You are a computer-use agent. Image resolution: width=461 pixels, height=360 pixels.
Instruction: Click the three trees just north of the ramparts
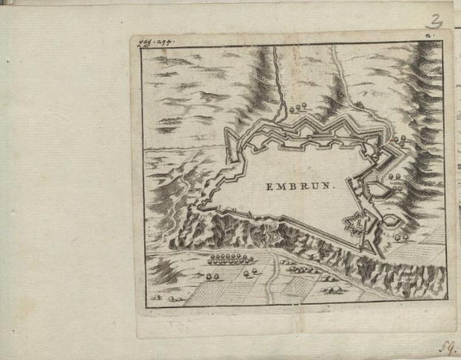click(297, 108)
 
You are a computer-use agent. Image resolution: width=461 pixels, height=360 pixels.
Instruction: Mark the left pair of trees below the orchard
click(212, 275)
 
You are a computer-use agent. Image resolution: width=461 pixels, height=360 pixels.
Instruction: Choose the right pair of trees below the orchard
click(249, 271)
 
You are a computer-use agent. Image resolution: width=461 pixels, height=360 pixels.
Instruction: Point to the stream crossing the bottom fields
click(274, 277)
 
